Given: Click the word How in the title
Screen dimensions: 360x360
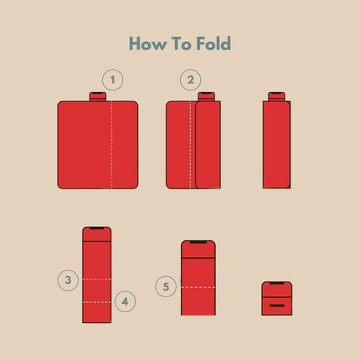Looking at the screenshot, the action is (x=147, y=44).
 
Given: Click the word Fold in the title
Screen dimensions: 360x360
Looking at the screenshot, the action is (x=213, y=44).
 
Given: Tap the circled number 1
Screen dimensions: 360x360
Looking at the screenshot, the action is (x=112, y=80).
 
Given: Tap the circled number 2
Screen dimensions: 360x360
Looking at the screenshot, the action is (x=190, y=80).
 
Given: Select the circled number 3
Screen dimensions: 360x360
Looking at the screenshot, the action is (x=68, y=280).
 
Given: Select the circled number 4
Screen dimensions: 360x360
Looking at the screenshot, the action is (x=125, y=301).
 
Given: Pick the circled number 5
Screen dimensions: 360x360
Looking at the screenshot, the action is (x=166, y=286).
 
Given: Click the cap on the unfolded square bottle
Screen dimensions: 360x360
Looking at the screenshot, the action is (x=98, y=96).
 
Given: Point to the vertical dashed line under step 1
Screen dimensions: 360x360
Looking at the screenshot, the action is (x=112, y=145).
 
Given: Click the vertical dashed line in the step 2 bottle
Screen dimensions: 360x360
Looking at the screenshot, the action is (x=191, y=145).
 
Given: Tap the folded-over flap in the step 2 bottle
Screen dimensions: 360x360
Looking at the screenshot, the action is (x=208, y=145).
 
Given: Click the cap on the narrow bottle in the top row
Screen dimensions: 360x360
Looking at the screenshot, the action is (x=276, y=96).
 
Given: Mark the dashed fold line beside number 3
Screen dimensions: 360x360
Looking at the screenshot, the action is (x=97, y=279).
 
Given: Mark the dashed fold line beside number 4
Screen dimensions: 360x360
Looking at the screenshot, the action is (x=97, y=302).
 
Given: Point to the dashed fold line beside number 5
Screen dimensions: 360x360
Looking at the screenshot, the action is (x=198, y=287).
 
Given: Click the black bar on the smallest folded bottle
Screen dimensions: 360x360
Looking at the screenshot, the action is (x=277, y=306).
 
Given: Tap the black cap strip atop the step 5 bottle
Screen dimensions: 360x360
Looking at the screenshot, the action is (x=198, y=242).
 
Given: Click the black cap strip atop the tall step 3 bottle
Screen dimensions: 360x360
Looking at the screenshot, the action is (x=97, y=229).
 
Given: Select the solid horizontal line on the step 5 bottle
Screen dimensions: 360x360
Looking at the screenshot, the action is (x=198, y=259).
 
